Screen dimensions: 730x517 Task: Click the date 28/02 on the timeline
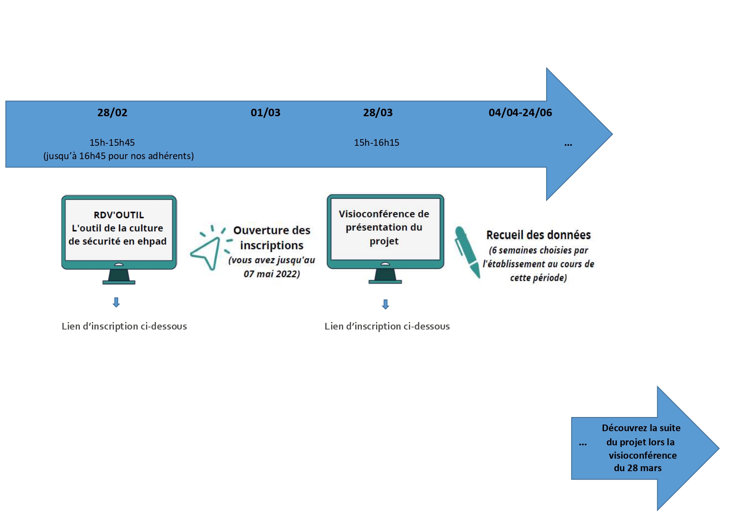tap(112, 112)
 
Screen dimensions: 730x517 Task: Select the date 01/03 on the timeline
tap(265, 112)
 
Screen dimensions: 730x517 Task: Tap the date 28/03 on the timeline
tap(378, 112)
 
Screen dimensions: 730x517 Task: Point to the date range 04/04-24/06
tap(520, 112)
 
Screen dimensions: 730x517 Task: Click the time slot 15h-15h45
tap(112, 142)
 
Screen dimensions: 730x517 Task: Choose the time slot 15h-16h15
tap(376, 142)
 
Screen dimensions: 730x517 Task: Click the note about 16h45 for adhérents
tap(119, 156)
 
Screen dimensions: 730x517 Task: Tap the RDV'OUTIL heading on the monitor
tap(119, 215)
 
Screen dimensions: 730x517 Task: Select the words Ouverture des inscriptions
tap(272, 237)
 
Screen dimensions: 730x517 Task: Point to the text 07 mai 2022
tap(272, 274)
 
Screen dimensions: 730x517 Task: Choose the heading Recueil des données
tap(539, 235)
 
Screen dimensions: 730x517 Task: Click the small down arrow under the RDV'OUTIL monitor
tap(116, 302)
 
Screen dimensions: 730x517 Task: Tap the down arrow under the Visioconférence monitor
tap(386, 305)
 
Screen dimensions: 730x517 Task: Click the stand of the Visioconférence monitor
tap(385, 276)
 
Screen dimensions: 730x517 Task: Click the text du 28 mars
tap(638, 468)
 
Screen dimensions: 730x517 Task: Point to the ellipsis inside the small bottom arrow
tap(583, 445)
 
